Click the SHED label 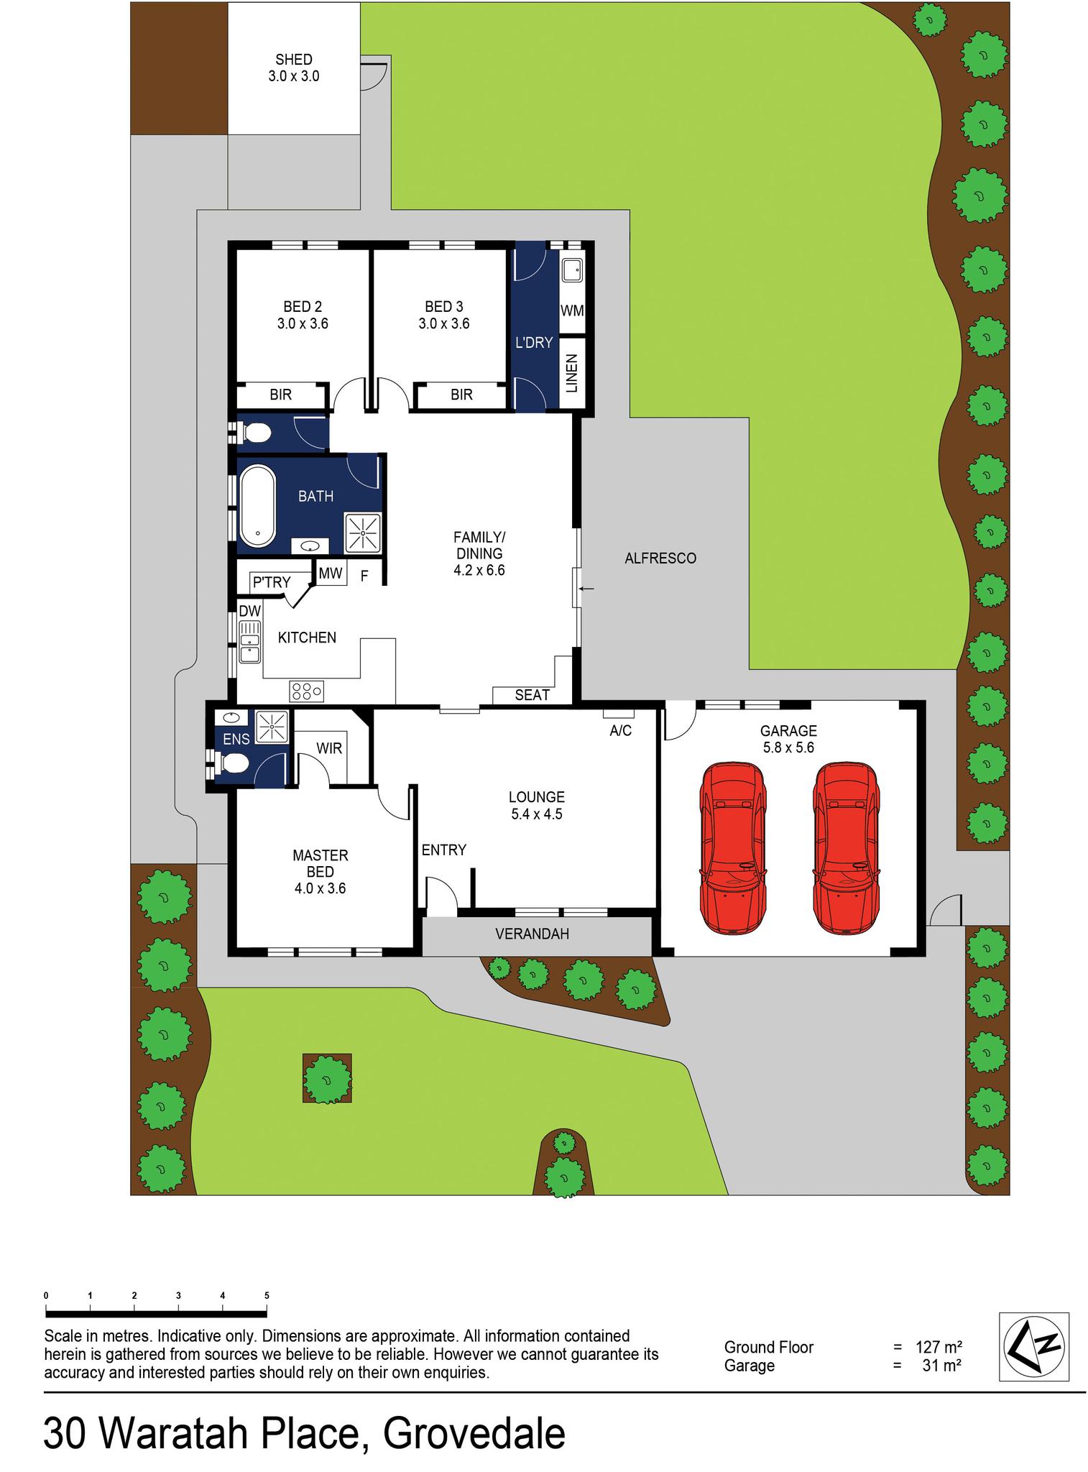(x=293, y=60)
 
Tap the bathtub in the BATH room (x=257, y=506)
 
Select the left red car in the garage (x=731, y=848)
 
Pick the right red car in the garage (x=844, y=848)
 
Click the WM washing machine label (x=572, y=311)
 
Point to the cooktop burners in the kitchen (x=307, y=691)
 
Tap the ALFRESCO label (x=660, y=558)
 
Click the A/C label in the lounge (x=620, y=731)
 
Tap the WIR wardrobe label (x=329, y=748)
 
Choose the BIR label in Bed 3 (x=461, y=395)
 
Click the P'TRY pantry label (x=271, y=582)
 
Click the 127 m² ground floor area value (x=939, y=1347)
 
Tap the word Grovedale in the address (x=474, y=1435)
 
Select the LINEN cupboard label (x=572, y=374)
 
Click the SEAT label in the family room (x=532, y=695)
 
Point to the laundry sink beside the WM (x=572, y=271)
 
